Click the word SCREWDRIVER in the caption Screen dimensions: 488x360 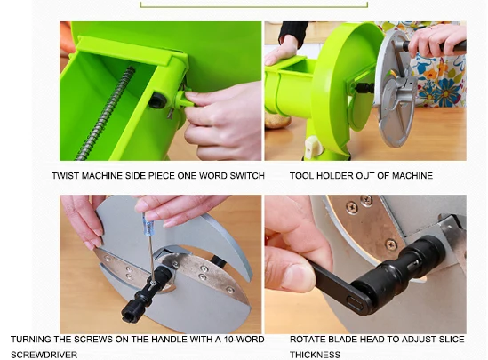44,355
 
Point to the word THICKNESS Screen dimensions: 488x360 315,355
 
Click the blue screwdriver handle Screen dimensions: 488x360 147,223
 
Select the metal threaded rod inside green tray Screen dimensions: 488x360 107,113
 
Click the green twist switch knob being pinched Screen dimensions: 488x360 184,100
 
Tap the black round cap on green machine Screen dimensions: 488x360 157,100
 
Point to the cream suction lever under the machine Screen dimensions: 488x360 312,147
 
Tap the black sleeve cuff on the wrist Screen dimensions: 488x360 292,32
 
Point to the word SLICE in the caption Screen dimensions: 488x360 452,340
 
